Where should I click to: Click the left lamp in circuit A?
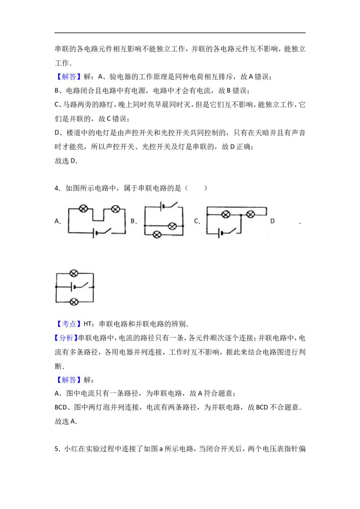84,209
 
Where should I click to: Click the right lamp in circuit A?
115,209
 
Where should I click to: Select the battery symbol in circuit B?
162,206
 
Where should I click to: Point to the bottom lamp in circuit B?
157,234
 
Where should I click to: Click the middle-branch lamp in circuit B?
172,226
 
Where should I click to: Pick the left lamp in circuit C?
225,214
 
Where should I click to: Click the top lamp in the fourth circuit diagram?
74,273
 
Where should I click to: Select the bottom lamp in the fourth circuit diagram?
74,302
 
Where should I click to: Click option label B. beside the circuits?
134,221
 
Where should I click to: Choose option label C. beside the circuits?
197,221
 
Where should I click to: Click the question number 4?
56,188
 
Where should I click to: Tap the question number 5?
56,449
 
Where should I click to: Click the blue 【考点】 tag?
67,324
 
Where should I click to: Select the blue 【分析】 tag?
66,338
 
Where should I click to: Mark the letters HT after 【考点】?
87,324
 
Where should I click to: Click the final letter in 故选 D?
73,161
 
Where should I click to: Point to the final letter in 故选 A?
73,421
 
